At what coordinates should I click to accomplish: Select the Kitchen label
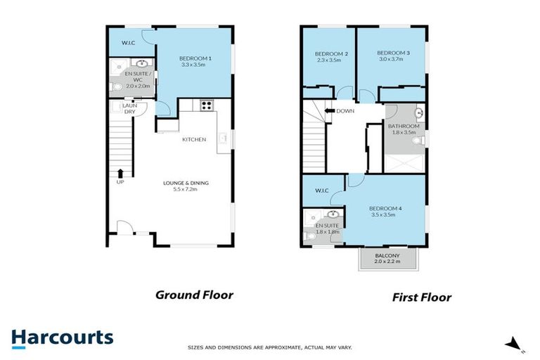tap(194, 139)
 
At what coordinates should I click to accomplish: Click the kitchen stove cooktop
tap(207, 106)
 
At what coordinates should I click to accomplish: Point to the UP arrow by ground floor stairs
tap(120, 173)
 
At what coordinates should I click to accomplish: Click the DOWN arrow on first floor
tap(329, 110)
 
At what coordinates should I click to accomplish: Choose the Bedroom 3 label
tap(393, 53)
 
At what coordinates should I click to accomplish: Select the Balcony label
tap(388, 256)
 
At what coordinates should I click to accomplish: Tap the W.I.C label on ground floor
tap(129, 41)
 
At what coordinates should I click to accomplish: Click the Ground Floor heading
tap(194, 295)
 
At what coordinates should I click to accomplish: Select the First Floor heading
tap(422, 297)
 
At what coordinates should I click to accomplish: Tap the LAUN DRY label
tap(129, 108)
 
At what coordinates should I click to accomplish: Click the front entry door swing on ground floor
tap(124, 227)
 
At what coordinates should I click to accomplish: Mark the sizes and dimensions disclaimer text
tap(269, 347)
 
